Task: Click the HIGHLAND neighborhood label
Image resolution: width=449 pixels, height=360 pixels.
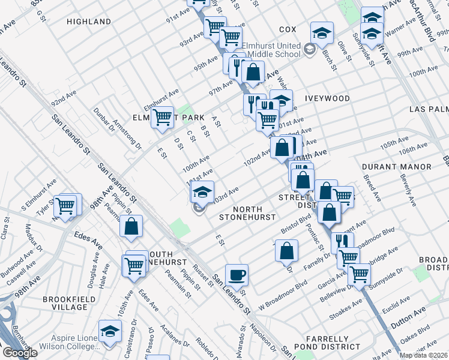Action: click(x=89, y=22)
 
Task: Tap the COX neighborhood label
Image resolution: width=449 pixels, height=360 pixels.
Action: click(x=288, y=29)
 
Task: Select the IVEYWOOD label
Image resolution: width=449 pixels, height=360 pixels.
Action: click(x=327, y=98)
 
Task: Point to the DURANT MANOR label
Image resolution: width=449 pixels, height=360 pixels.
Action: click(x=397, y=166)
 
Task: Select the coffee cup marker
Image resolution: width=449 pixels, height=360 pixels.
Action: click(x=237, y=274)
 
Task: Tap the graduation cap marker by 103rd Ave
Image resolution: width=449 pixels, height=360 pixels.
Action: click(x=203, y=192)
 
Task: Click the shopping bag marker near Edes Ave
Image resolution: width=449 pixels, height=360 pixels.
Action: click(x=131, y=227)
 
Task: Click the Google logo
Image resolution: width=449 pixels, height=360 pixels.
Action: click(x=20, y=353)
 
